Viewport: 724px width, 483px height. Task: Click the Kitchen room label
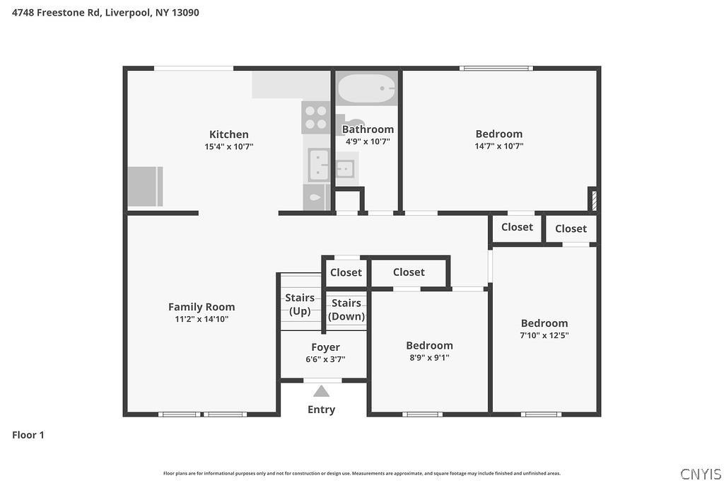click(229, 134)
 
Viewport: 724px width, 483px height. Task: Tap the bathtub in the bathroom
click(367, 88)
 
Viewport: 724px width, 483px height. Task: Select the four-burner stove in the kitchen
click(316, 117)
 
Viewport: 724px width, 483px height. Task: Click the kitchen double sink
click(319, 165)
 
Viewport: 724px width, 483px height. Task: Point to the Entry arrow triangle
click(322, 392)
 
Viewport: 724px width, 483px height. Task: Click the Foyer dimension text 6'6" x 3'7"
click(325, 359)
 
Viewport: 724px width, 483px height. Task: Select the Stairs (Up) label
click(300, 304)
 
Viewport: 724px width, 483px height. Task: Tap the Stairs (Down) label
click(346, 309)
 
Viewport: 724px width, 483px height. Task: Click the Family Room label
click(202, 307)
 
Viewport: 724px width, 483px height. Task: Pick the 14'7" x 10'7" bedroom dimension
click(499, 146)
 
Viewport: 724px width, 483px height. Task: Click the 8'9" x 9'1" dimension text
click(429, 357)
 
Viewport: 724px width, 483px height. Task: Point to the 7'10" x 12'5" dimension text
click(544, 335)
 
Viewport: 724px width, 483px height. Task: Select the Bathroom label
click(368, 129)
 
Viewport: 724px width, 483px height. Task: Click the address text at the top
click(105, 13)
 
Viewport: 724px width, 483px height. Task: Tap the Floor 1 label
click(28, 435)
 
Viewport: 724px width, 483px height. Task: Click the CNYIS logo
click(701, 475)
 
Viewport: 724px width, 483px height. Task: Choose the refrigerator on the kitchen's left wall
click(145, 187)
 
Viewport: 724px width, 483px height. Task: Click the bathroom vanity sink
click(344, 168)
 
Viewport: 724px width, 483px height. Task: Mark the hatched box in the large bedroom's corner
click(594, 201)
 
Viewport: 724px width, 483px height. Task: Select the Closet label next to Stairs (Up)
click(346, 272)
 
